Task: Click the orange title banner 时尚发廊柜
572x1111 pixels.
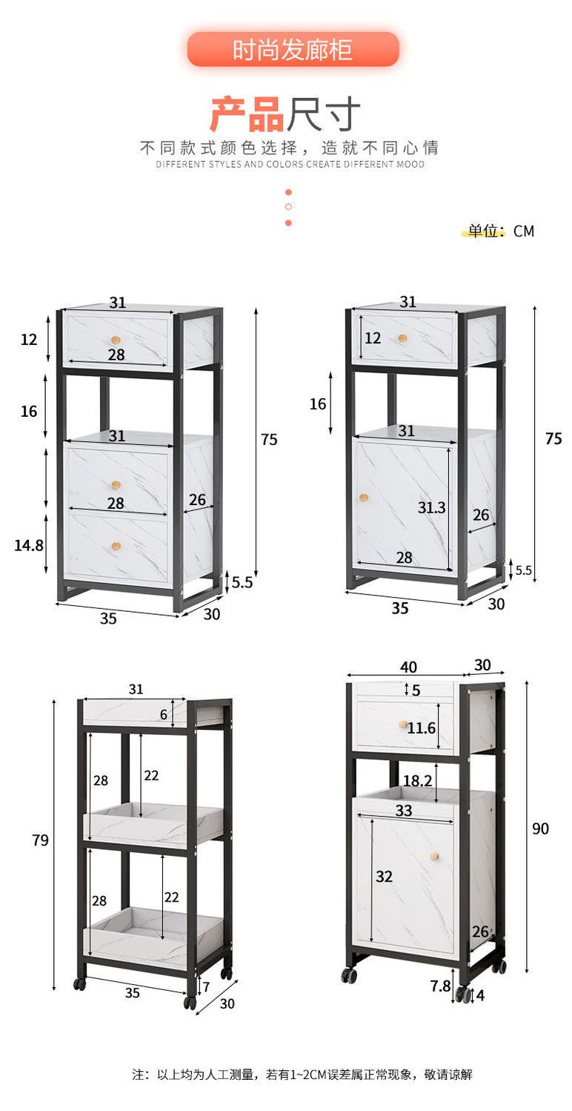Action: click(x=293, y=49)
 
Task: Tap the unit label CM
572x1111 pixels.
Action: click(x=524, y=231)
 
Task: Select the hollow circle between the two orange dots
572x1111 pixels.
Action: click(x=288, y=207)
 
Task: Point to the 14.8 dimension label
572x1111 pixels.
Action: click(x=29, y=546)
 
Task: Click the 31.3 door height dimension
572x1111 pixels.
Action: click(x=431, y=507)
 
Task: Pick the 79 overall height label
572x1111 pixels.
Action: click(x=40, y=840)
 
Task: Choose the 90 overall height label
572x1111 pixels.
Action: click(x=540, y=828)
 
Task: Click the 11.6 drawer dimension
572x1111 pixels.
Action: click(x=422, y=728)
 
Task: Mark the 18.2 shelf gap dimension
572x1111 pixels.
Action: click(x=417, y=781)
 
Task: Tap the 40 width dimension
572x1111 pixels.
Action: click(x=408, y=667)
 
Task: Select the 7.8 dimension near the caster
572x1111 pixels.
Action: click(x=440, y=986)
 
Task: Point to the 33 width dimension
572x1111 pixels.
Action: click(x=404, y=811)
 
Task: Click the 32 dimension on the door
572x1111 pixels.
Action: click(x=384, y=877)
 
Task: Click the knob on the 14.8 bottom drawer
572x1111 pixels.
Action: click(x=116, y=547)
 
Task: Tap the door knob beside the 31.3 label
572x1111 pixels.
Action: click(x=364, y=497)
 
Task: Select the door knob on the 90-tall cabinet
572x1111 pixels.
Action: click(x=434, y=857)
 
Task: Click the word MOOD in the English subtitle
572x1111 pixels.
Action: click(x=410, y=164)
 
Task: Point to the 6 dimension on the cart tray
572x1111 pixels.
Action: click(x=164, y=714)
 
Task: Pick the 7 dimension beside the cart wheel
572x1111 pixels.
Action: click(x=206, y=987)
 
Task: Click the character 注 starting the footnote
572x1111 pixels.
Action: click(x=139, y=1075)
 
